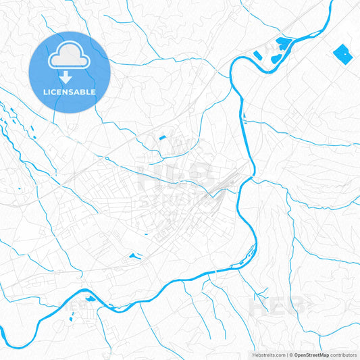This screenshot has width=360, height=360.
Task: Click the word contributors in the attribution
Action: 344,355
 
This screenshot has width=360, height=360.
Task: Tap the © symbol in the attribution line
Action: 291,355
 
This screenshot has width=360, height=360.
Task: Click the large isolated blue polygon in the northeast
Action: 342,53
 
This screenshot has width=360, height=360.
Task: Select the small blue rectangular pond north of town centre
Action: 162,138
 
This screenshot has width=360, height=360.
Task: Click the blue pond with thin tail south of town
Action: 134,256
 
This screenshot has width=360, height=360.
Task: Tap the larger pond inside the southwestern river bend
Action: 89,298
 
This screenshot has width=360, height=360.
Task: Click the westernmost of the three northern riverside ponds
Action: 257,55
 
